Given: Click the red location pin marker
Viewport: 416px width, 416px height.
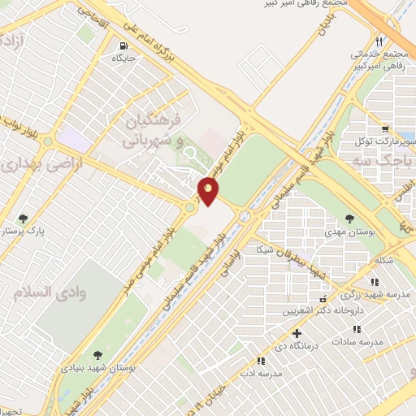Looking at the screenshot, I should [209, 190].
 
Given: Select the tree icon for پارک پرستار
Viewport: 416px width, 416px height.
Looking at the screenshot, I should [23, 219].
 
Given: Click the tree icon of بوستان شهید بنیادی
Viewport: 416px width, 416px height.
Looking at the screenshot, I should [97, 355].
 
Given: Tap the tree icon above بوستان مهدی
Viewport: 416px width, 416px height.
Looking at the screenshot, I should [349, 219].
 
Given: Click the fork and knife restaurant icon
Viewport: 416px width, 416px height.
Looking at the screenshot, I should [379, 41].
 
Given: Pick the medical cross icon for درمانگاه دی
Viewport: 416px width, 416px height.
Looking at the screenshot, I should [297, 332].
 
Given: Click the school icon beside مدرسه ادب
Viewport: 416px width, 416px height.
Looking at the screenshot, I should [261, 361].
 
